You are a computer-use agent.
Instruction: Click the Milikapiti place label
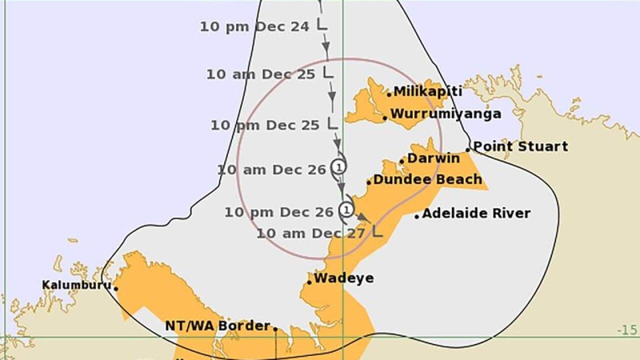point(427,91)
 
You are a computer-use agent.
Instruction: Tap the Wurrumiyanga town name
point(445,113)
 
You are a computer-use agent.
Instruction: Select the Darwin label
point(433,158)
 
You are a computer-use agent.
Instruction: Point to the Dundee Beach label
point(427,179)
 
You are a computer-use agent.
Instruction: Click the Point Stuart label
point(520,146)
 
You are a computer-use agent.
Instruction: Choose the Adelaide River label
point(476,213)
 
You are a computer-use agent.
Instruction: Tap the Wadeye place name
point(343,278)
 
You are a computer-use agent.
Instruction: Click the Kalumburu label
point(76,285)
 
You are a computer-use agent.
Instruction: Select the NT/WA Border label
point(217,326)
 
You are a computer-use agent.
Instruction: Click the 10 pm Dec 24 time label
point(255,26)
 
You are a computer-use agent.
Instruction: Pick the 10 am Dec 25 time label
point(261,74)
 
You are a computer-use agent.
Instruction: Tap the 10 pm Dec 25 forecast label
point(264,125)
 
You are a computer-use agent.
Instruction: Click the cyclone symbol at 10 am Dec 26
point(338,166)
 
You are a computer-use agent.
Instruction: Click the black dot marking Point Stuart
point(468,149)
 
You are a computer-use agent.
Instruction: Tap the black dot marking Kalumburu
point(116,288)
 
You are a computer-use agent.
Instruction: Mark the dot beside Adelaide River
point(417,216)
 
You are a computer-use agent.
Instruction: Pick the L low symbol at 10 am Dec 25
point(327,72)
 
